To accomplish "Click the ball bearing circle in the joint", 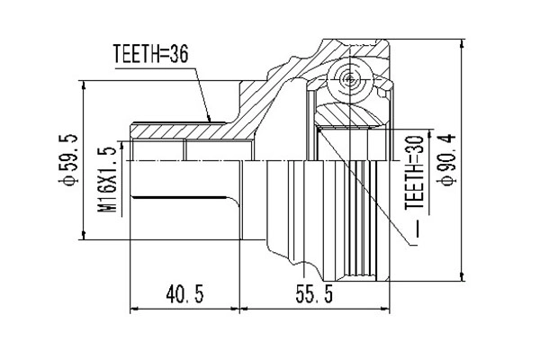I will pos(348,78).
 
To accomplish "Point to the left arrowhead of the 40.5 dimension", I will pos(135,309).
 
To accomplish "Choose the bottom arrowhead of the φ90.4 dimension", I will pos(463,276).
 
